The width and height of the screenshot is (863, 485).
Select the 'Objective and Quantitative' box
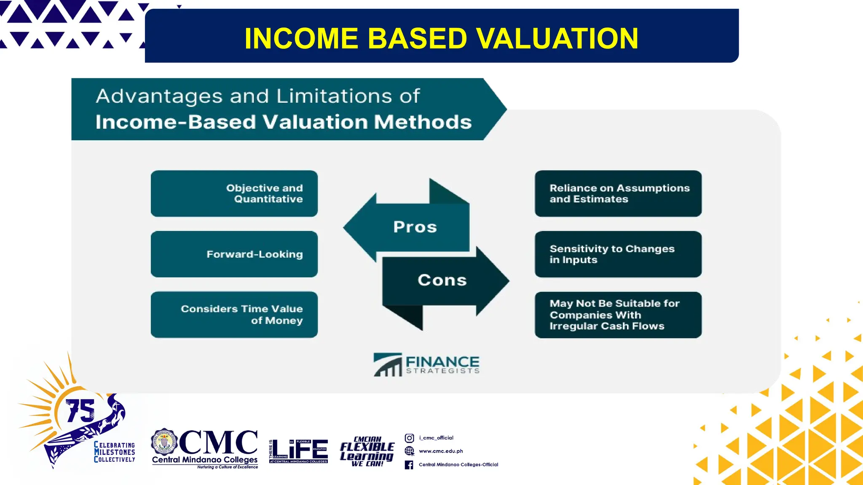point(234,194)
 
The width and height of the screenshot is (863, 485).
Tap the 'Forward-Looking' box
point(234,254)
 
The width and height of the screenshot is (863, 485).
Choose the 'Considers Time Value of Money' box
point(234,314)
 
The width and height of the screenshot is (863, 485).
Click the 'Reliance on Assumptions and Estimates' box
point(618,194)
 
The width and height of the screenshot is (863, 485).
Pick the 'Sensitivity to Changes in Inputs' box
point(618,254)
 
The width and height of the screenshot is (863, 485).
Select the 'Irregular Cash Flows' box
point(618,315)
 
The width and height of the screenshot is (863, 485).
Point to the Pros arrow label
point(415,227)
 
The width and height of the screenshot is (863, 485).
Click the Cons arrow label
point(442,280)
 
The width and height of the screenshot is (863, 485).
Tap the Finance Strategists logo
point(426,365)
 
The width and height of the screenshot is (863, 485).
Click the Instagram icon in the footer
point(409,438)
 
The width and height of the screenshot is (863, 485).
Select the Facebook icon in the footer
point(409,465)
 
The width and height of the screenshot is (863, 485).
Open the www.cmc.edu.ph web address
point(441,451)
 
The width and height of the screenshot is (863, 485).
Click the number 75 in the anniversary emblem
point(80,410)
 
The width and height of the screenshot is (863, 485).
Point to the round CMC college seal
point(164,442)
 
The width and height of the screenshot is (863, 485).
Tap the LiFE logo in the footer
point(299,451)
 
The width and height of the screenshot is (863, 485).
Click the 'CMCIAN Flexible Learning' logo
point(367,452)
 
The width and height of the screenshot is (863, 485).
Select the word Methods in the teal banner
point(423,122)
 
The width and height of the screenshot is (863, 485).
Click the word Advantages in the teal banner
point(159,96)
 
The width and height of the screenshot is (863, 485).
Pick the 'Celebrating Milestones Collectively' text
point(114,452)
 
